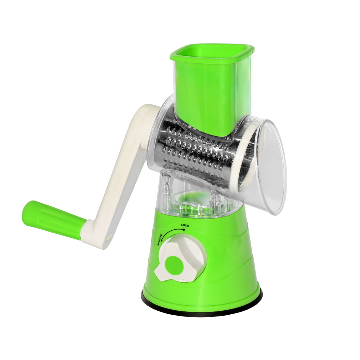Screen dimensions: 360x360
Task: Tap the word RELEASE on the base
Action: (160, 240)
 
